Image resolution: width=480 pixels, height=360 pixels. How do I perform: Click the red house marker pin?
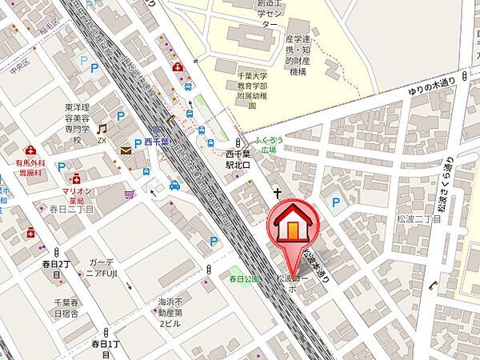292,226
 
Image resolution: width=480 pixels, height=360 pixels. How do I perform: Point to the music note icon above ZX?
102,128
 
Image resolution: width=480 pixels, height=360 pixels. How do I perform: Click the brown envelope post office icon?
126,150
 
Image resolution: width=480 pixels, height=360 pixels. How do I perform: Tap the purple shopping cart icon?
130,194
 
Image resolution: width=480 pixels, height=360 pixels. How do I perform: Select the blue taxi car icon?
174,186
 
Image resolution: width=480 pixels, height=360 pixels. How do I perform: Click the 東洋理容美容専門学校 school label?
80,122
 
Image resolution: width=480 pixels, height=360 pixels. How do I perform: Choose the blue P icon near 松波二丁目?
336,202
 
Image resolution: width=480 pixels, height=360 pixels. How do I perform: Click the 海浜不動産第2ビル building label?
170,313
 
